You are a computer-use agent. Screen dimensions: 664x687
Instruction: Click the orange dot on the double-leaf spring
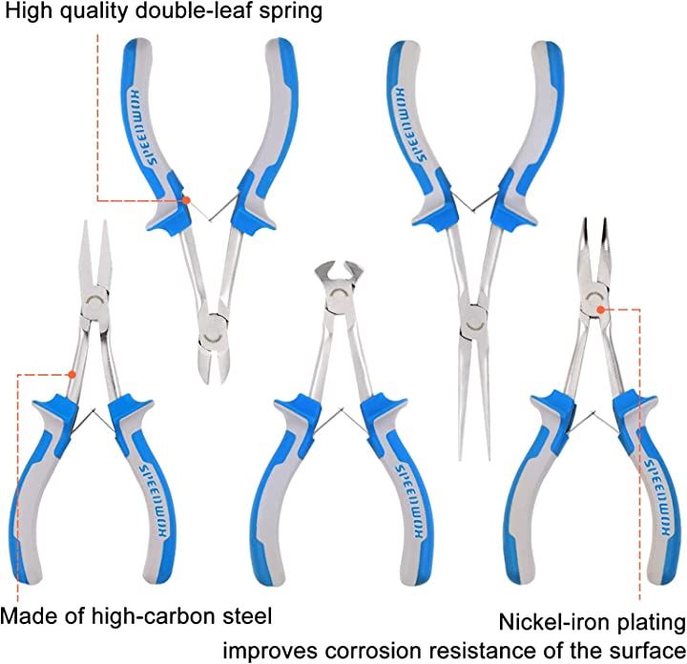point(187,200)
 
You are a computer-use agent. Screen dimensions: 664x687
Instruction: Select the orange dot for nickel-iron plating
point(596,309)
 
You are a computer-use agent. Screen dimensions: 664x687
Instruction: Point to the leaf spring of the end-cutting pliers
point(328,425)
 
